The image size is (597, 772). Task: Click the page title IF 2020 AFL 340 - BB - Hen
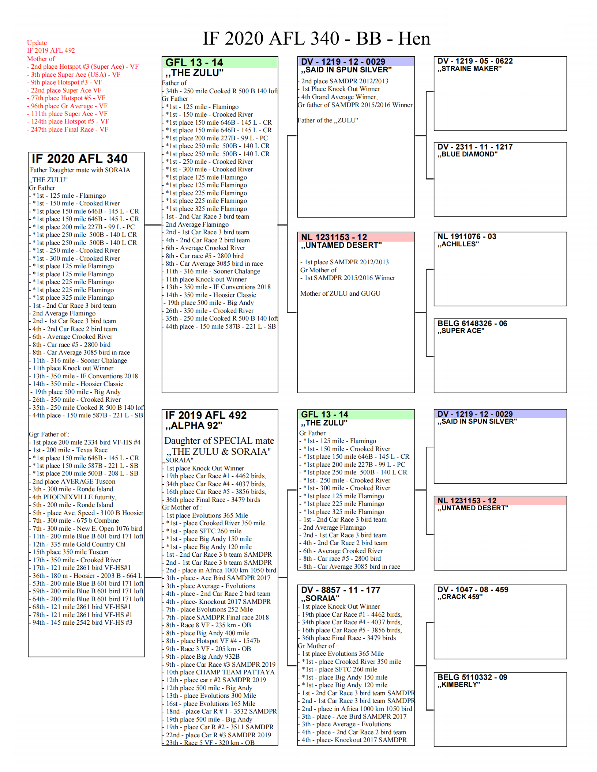coord(316,38)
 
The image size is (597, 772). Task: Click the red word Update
coord(37,43)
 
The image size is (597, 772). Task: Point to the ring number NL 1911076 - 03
coord(467,236)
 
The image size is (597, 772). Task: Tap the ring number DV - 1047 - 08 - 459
coord(473,590)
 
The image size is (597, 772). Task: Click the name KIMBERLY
coord(461,685)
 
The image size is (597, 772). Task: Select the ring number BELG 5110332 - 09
coord(472,677)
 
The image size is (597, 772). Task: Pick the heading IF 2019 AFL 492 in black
coord(206,416)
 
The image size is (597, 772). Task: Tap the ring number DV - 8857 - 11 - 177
coord(341,590)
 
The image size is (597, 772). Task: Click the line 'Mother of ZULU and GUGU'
coord(340,294)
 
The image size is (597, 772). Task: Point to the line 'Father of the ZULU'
coord(328,120)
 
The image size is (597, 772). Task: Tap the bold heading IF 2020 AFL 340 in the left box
coord(80,159)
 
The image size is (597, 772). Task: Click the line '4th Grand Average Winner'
coord(339,97)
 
